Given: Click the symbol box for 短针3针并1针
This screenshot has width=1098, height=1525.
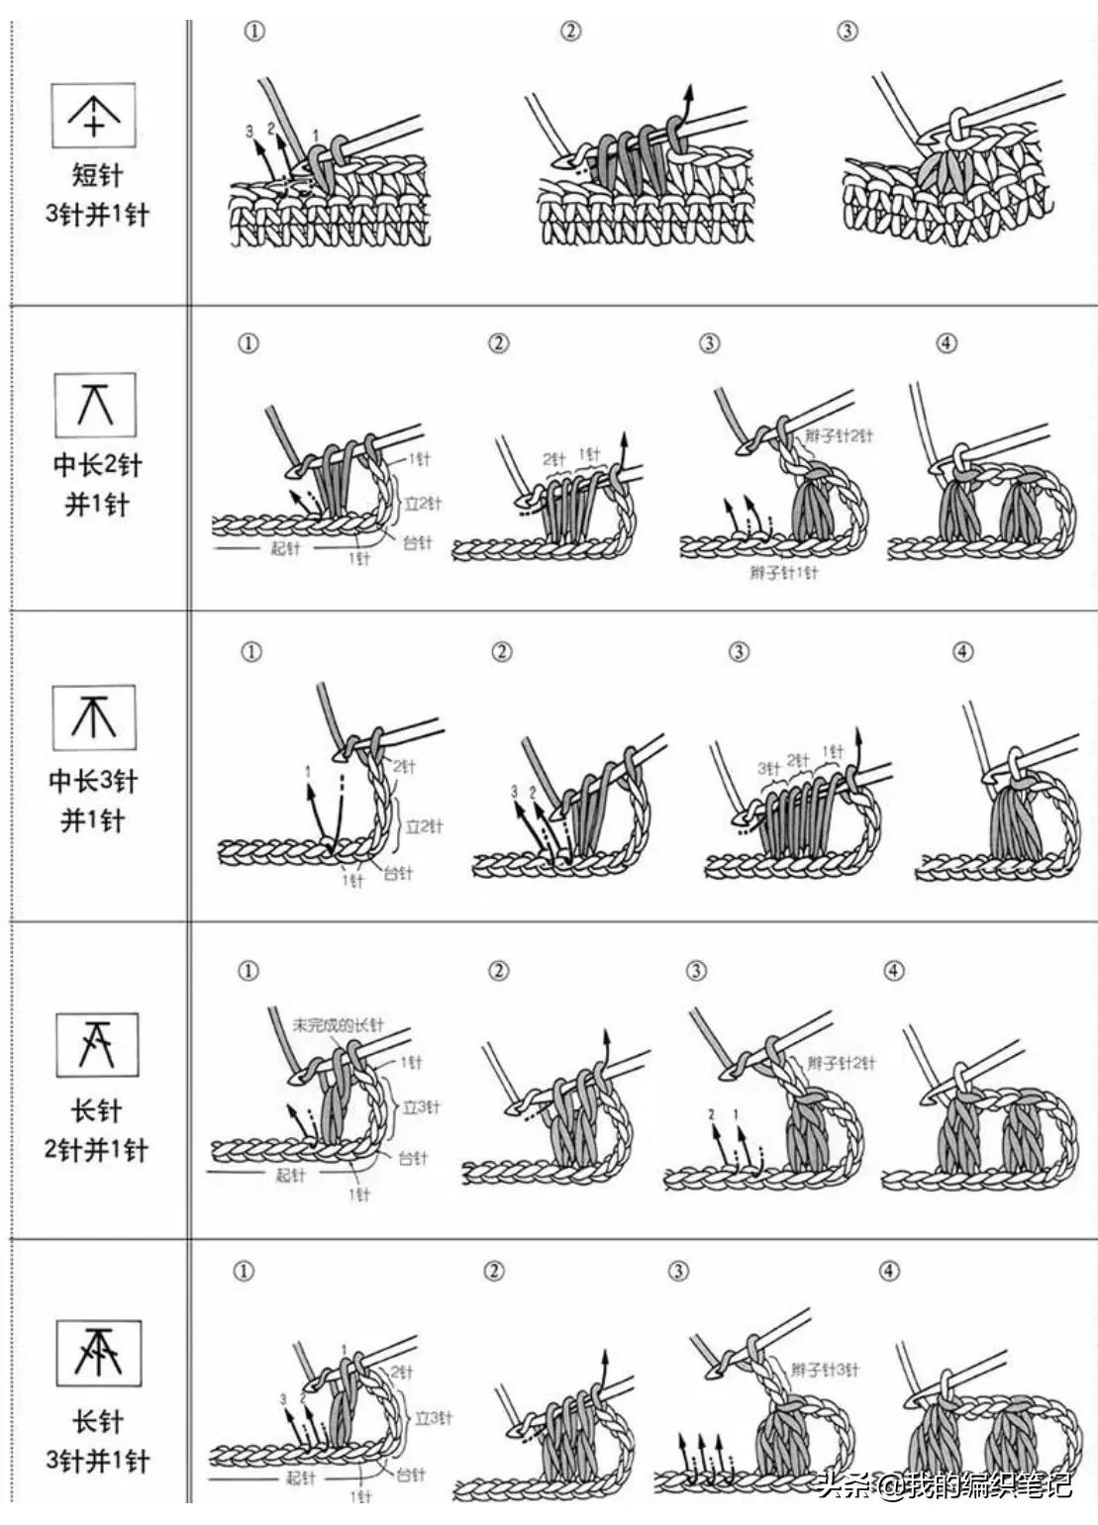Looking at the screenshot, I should coord(93,116).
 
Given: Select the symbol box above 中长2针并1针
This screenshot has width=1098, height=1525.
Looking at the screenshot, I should coord(94,405).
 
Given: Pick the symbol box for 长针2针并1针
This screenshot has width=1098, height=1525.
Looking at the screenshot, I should coord(97,1044).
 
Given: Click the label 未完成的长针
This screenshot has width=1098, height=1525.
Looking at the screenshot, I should coord(337,1025).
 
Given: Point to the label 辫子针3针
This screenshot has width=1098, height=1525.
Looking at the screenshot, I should coord(825,1370).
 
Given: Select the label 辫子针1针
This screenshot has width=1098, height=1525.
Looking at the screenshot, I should coord(783,573).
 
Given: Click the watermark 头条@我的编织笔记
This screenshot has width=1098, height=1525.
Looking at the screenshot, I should coord(945,1484).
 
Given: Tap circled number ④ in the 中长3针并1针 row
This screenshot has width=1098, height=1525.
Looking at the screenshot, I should coord(962,652).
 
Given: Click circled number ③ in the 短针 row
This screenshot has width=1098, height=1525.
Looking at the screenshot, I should coord(847,32).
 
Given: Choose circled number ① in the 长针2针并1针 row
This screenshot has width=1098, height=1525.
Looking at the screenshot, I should coord(249,971).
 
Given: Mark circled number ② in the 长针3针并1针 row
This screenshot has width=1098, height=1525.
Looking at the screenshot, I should coord(494,1272).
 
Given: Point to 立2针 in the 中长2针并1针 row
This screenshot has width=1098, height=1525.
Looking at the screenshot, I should coord(423,504).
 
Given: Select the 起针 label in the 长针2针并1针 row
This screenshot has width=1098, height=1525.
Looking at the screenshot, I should coord(289,1176).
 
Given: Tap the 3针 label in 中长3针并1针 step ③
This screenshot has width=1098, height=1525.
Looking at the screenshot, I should coord(769,768).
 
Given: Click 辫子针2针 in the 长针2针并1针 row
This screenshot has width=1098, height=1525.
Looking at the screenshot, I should coord(841,1064).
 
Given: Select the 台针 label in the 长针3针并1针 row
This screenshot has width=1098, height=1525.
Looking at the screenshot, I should coord(410,1475).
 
